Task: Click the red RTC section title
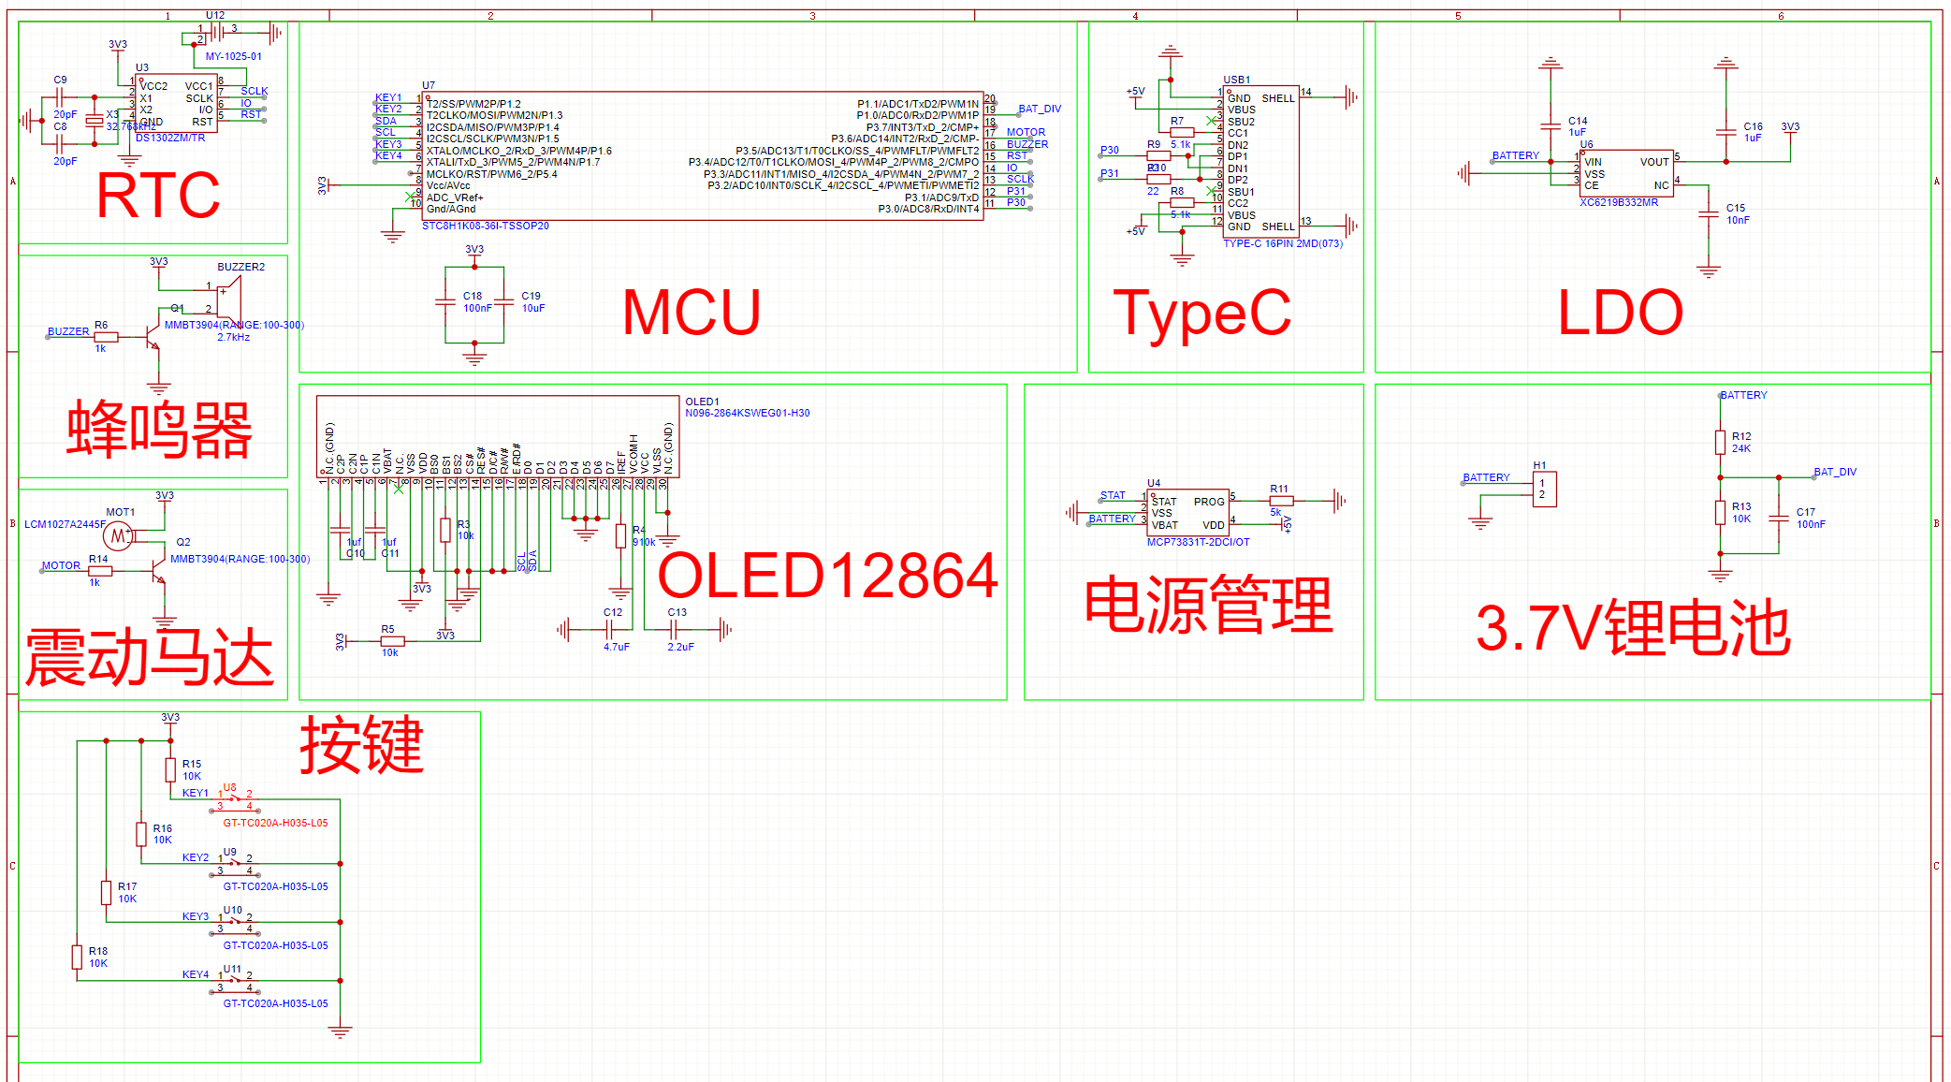(158, 196)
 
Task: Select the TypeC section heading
(1201, 313)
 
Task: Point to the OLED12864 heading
(828, 575)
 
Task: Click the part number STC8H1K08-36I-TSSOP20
(485, 227)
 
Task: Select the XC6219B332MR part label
(1618, 202)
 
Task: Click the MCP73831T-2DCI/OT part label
(1198, 542)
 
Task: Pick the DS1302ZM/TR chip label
(170, 138)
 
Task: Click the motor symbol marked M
(117, 536)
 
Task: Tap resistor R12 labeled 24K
(1720, 442)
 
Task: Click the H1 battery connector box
(1544, 489)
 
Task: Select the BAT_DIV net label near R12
(1834, 472)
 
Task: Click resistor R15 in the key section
(170, 769)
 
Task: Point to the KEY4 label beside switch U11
(195, 974)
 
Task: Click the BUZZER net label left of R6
(68, 331)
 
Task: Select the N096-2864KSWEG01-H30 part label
(747, 413)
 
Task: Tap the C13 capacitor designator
(677, 612)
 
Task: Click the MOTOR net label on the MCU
(1026, 132)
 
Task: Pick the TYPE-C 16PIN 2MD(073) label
(1282, 243)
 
